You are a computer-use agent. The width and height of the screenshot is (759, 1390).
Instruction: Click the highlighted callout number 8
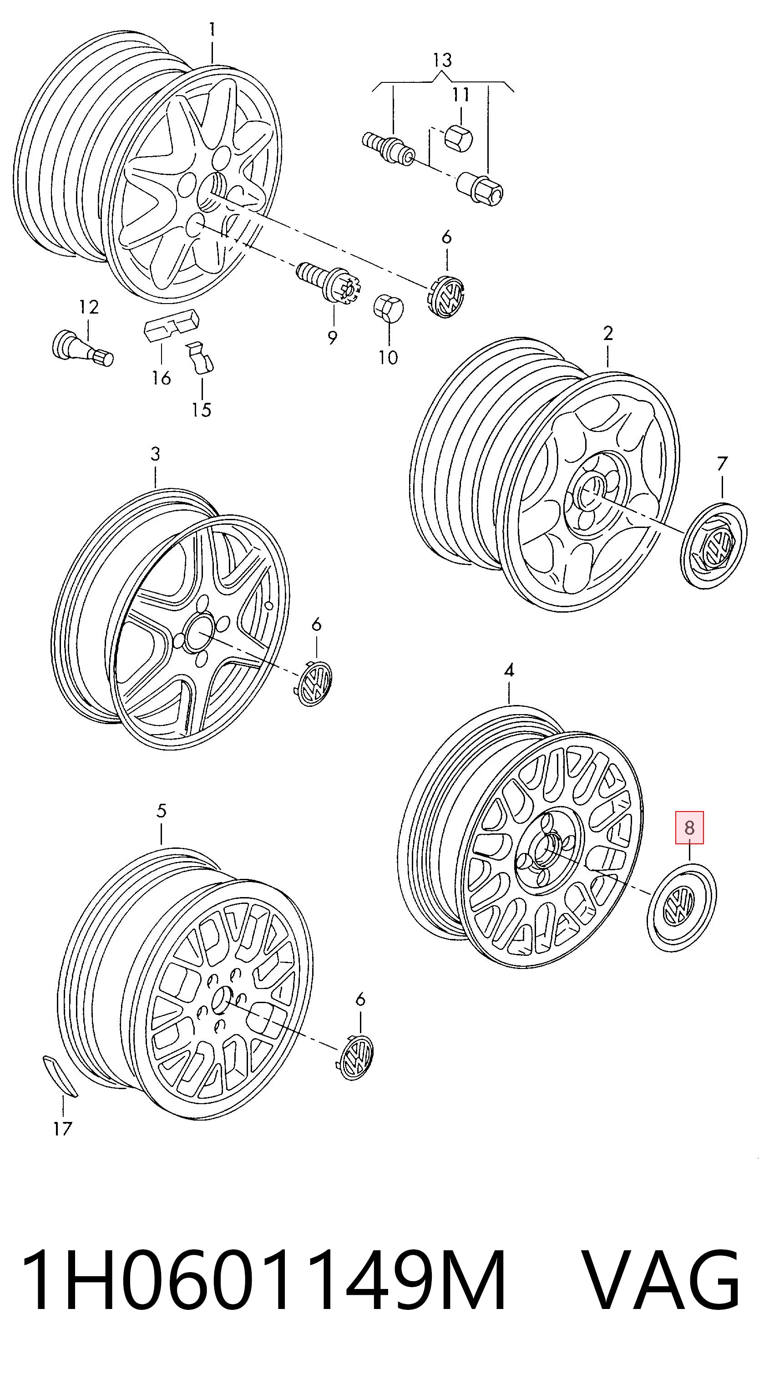pyautogui.click(x=689, y=827)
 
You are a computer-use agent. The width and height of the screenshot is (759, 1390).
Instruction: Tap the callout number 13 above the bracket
pyautogui.click(x=442, y=61)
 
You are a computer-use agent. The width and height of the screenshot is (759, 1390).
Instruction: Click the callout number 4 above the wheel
pyautogui.click(x=509, y=671)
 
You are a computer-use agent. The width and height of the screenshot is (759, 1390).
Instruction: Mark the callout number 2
pyautogui.click(x=608, y=334)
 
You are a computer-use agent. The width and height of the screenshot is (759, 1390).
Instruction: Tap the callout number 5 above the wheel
pyautogui.click(x=161, y=811)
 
